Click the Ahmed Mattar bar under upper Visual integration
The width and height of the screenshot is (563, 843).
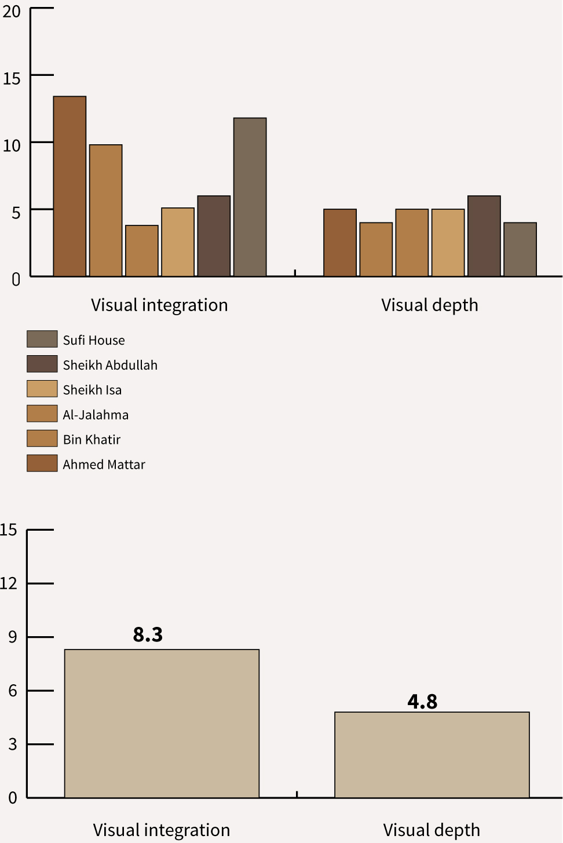click(x=70, y=186)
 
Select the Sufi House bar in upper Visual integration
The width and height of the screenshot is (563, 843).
click(x=250, y=197)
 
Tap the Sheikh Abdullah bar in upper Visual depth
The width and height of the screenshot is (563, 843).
click(x=484, y=236)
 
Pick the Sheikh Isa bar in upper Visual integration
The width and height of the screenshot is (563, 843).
click(x=178, y=242)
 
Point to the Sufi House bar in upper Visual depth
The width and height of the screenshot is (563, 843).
click(x=520, y=249)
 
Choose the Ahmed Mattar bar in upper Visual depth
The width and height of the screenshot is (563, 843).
click(x=340, y=242)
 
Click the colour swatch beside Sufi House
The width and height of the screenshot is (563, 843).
click(x=42, y=339)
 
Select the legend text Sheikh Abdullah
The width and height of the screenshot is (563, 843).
click(x=110, y=365)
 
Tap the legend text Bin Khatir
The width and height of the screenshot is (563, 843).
click(x=92, y=440)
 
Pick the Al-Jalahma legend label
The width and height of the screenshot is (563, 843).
click(x=96, y=415)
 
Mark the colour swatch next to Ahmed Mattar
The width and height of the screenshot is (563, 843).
click(x=42, y=464)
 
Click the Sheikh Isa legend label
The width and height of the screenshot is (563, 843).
click(x=92, y=390)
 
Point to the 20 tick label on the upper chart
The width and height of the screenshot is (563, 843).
click(x=12, y=12)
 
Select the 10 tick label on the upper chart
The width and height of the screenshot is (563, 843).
click(x=12, y=145)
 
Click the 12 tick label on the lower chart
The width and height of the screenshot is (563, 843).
click(x=9, y=583)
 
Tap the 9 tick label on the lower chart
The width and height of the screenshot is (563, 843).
click(x=12, y=637)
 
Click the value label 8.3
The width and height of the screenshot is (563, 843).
click(x=148, y=635)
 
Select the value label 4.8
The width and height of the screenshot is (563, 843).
click(x=422, y=702)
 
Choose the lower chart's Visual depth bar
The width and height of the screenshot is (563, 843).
click(x=432, y=754)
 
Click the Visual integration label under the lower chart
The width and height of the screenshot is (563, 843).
click(x=162, y=830)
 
